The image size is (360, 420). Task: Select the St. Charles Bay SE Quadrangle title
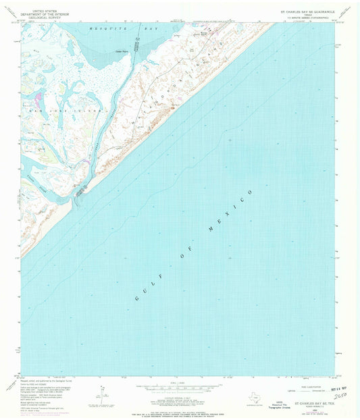tap(308, 11)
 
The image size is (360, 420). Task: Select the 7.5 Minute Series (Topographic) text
tap(309, 19)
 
